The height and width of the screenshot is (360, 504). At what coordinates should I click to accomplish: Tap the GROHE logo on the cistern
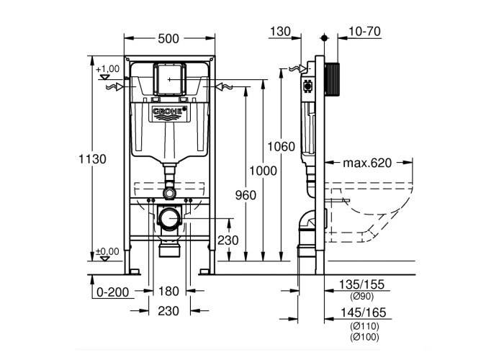(x=169, y=113)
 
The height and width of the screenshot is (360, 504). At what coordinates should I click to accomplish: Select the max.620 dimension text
(x=367, y=163)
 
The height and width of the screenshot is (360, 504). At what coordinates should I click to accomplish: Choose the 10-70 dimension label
(x=363, y=32)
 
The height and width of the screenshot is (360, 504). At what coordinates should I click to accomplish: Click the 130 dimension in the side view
(x=282, y=32)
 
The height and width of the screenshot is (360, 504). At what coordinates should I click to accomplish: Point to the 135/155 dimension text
(x=365, y=285)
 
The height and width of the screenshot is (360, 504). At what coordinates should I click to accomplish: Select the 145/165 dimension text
(x=365, y=312)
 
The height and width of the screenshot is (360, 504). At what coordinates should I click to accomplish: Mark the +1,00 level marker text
(x=107, y=68)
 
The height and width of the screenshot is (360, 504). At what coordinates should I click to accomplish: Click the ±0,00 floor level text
(x=107, y=251)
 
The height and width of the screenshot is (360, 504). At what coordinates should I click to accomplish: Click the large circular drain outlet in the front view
(x=170, y=219)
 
